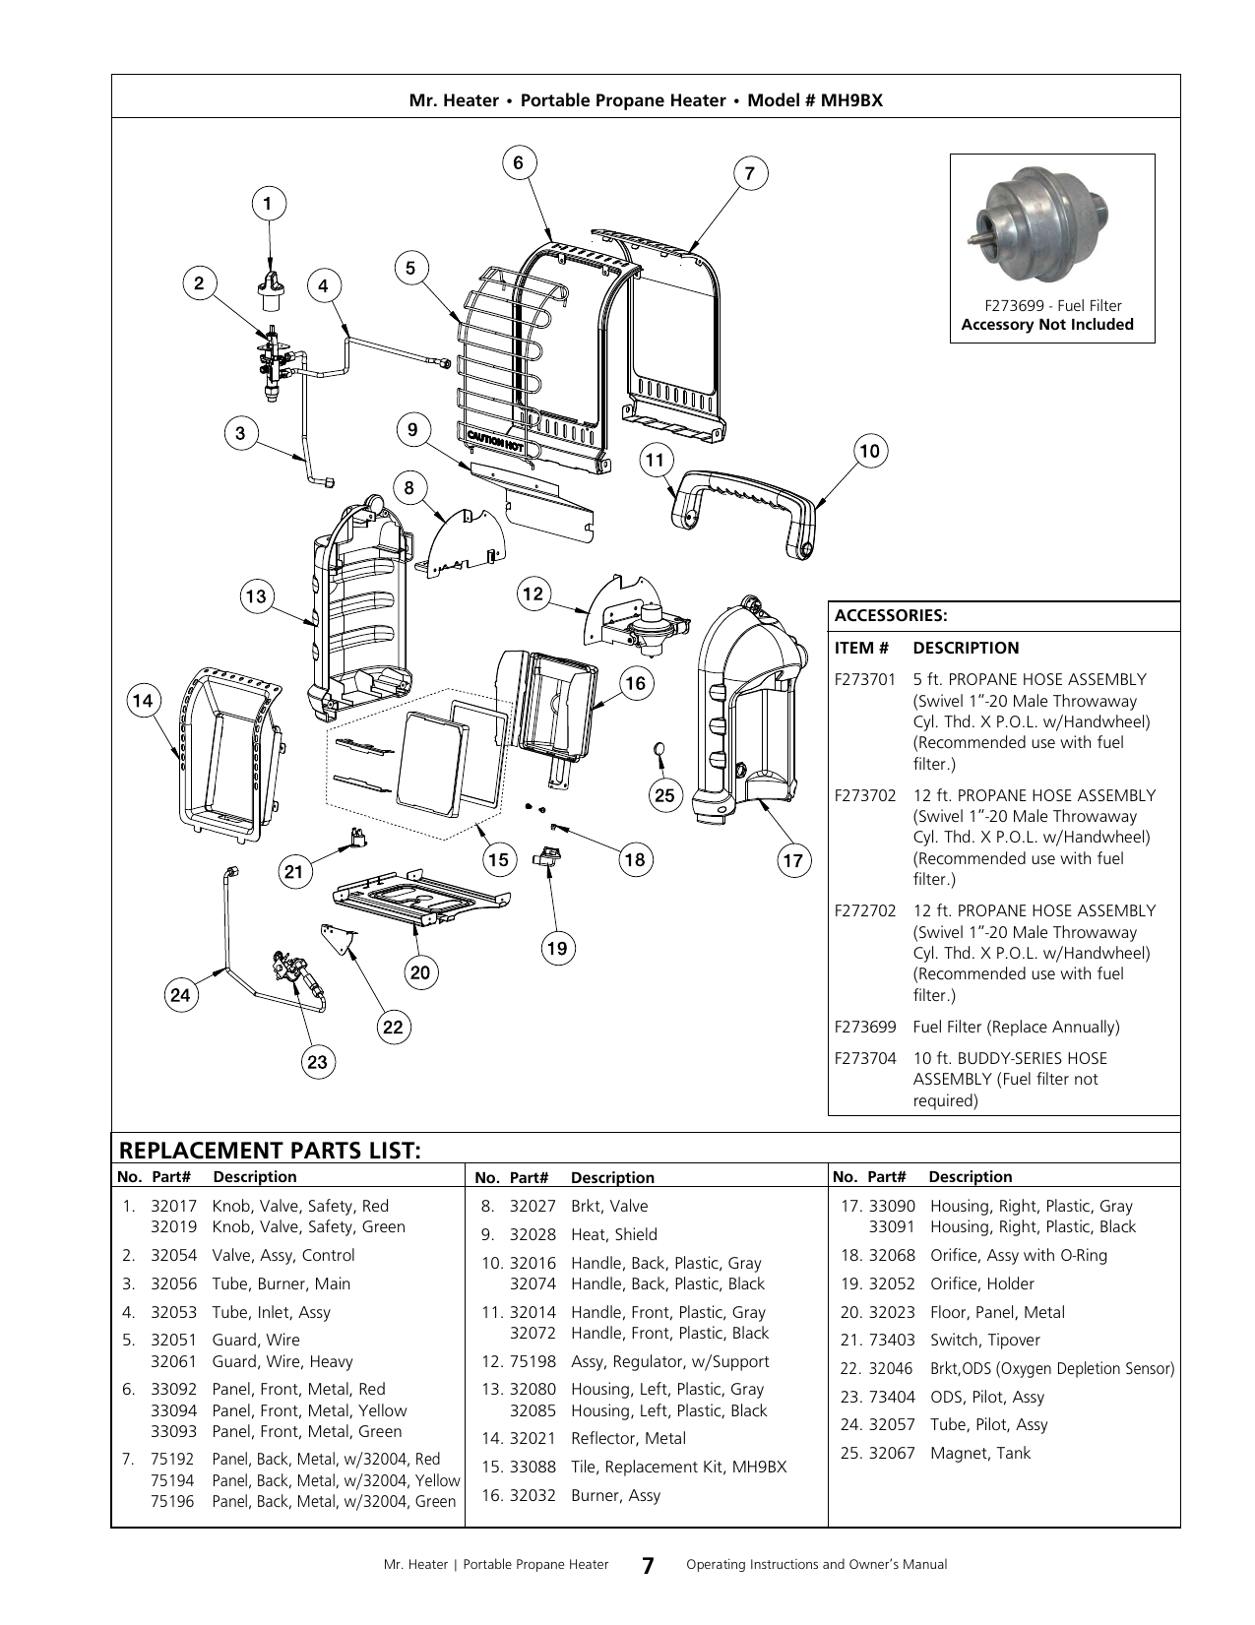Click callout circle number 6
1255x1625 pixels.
[x=519, y=163]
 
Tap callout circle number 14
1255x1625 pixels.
[x=143, y=701]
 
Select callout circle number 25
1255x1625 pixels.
[x=664, y=795]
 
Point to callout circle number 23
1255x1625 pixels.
[x=317, y=1062]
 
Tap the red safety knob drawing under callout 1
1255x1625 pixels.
[x=271, y=291]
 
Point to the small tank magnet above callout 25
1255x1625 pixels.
[x=659, y=749]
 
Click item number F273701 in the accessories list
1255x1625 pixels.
[x=864, y=680]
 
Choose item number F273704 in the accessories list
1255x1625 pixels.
[x=864, y=1058]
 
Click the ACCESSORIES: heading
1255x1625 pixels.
[x=891, y=615]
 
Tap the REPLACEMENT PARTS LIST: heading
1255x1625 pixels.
[x=270, y=1151]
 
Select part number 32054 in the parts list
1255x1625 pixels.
[x=173, y=1255]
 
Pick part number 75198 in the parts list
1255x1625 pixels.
[x=533, y=1361]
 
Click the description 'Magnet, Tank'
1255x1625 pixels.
[x=979, y=1452]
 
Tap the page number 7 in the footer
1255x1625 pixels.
[x=648, y=1564]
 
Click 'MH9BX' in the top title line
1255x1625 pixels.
[x=851, y=100]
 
